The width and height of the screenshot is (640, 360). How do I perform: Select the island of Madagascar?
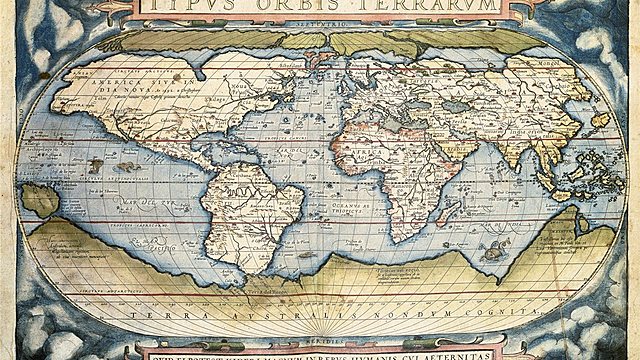point(427,210)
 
